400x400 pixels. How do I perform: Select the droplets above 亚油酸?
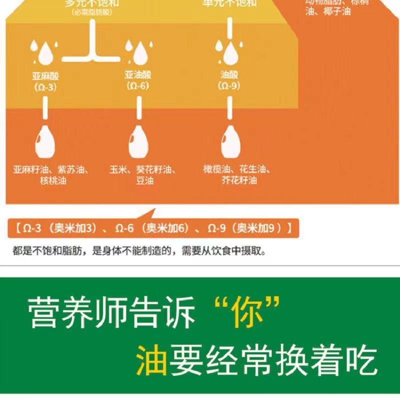point(136,49)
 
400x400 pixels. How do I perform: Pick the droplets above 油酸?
point(226,49)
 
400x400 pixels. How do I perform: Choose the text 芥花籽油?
point(239,180)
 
